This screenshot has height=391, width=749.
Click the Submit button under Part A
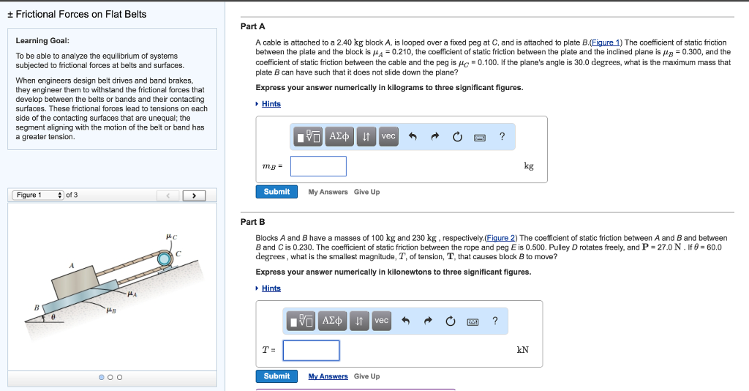276,192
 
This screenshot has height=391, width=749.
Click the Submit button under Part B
276,376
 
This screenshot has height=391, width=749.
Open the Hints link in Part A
271,104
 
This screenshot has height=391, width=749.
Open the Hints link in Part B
271,288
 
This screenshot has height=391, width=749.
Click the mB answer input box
318,166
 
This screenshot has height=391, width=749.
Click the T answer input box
311,351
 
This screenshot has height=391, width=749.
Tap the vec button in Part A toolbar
388,136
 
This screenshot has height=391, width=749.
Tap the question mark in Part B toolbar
495,321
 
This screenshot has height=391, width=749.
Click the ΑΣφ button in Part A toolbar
339,136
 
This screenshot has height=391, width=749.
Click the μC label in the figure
171,236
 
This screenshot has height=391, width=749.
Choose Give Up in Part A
366,192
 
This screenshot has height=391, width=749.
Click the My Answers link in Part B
328,376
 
